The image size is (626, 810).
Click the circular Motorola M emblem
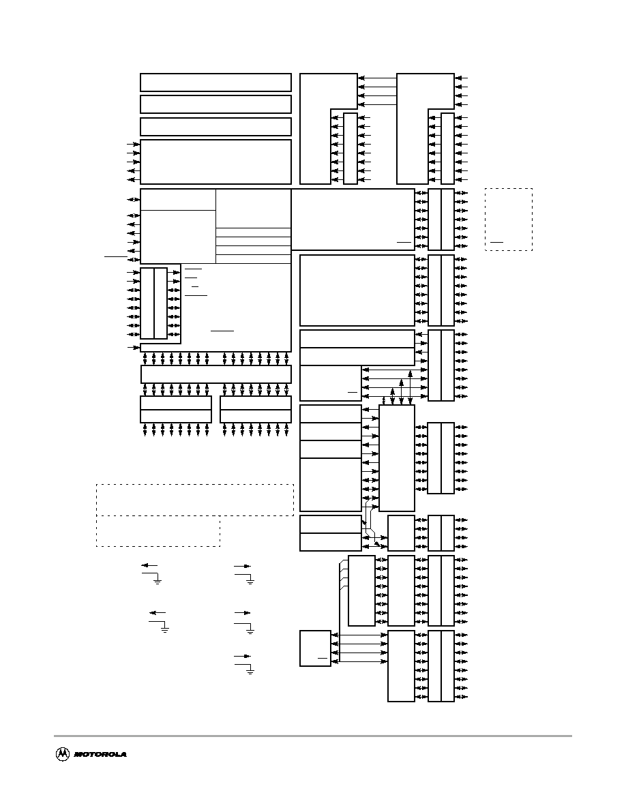63,754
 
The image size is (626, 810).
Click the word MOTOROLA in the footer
100,755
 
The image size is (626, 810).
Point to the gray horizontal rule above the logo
313,736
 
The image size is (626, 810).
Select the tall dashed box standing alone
509,220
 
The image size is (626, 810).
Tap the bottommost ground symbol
250,672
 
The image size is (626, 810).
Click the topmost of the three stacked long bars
216,82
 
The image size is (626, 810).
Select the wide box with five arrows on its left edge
216,162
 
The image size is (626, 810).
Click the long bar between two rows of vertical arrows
216,374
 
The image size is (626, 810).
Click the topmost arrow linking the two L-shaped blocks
377,78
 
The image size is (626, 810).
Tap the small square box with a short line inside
315,648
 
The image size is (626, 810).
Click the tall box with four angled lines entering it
361,590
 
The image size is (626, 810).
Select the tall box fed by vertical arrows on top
397,458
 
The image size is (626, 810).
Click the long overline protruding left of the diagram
116,256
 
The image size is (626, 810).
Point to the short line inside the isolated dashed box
497,242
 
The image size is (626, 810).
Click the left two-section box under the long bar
176,409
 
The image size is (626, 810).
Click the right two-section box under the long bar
256,409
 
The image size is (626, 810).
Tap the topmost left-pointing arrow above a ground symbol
149,566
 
